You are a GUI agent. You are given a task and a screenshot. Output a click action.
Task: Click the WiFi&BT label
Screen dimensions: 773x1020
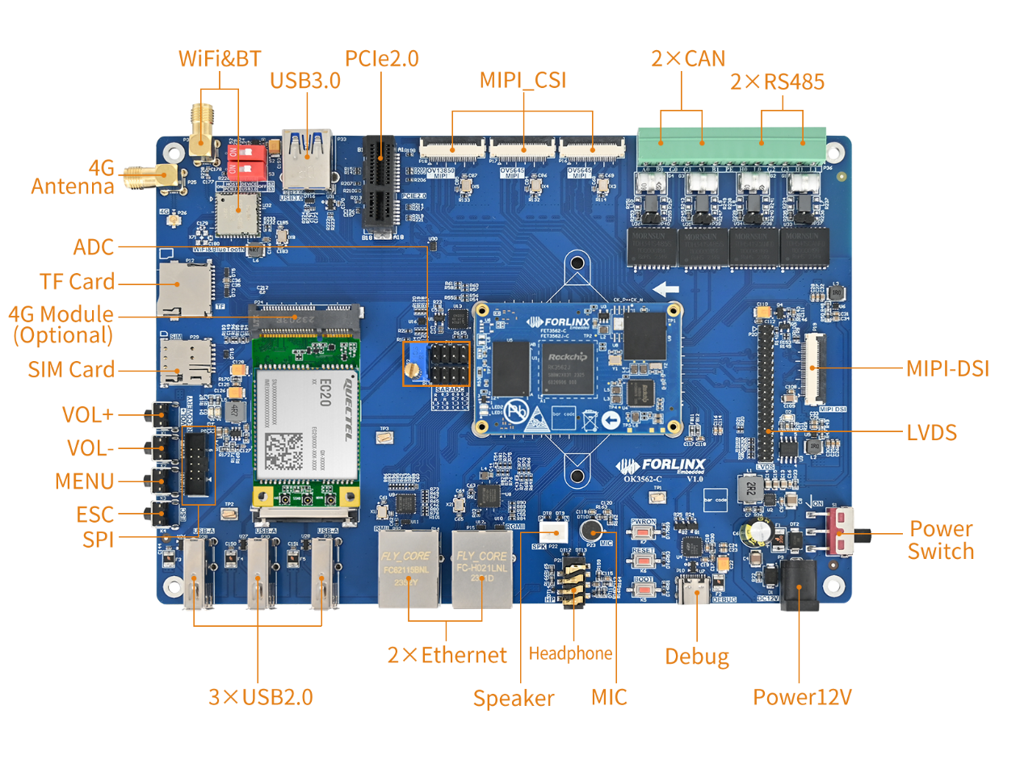[220, 59]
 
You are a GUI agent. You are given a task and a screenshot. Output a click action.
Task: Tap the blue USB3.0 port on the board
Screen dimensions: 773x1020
[307, 160]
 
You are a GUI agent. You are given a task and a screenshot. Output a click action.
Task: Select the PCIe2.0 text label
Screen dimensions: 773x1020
[381, 59]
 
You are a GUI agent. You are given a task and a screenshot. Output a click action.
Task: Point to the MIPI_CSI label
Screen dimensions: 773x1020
[523, 80]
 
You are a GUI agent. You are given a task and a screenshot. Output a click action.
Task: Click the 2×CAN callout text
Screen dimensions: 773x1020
[688, 59]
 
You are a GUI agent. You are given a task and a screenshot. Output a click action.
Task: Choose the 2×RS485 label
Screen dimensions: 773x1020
[777, 82]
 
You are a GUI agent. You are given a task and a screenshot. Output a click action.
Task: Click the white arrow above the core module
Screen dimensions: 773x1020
[665, 289]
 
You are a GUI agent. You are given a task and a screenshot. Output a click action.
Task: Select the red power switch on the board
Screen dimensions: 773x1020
[842, 531]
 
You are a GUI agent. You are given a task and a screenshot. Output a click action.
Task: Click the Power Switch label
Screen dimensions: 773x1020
[941, 540]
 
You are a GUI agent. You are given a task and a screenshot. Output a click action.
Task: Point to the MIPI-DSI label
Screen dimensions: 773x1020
[947, 369]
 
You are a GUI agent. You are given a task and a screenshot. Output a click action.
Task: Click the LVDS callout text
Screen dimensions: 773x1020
[931, 433]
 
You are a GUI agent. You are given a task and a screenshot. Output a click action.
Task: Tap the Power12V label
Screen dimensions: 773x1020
[802, 697]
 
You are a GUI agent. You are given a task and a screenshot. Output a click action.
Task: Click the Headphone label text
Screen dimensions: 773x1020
[570, 653]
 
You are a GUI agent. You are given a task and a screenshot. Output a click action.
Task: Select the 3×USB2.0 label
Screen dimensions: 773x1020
[260, 697]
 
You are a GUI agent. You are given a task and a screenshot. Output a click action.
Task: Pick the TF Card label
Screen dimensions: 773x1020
[77, 282]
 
